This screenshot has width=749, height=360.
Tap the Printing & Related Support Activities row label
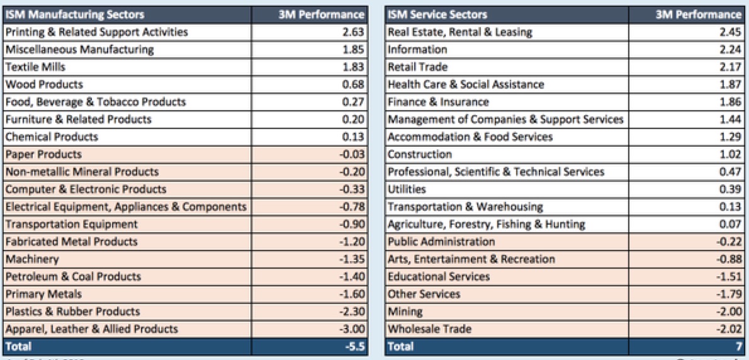click(96, 32)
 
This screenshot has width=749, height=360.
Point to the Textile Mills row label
click(35, 67)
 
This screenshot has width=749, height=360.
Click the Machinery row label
click(32, 259)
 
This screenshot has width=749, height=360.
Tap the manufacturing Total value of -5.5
click(354, 346)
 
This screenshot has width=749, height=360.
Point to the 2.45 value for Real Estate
click(729, 32)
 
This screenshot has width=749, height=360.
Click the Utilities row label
click(407, 189)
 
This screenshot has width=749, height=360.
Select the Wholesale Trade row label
click(430, 329)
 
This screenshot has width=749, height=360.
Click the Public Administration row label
click(441, 242)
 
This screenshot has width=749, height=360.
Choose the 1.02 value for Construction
click(729, 154)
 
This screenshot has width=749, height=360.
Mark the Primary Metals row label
click(43, 294)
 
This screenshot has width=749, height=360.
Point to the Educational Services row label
click(439, 277)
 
